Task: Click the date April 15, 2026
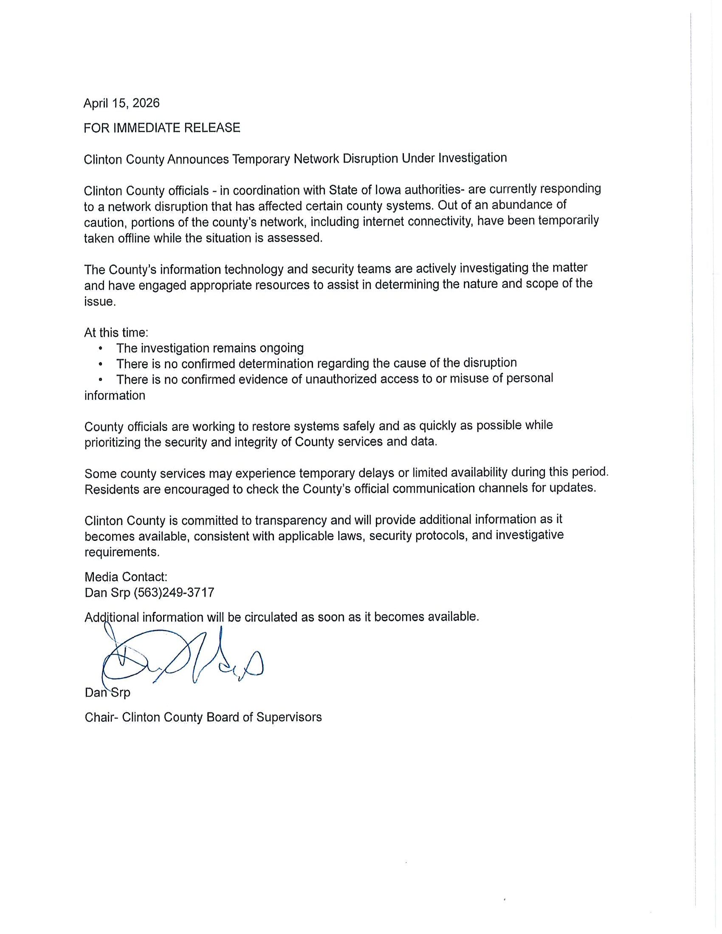[x=121, y=103]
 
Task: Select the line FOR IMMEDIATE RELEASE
[x=162, y=128]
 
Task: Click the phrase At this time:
[x=116, y=332]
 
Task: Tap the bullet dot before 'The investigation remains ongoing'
[x=101, y=349]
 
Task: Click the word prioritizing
[x=113, y=442]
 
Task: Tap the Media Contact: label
[x=126, y=577]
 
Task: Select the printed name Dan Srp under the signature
[x=107, y=692]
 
